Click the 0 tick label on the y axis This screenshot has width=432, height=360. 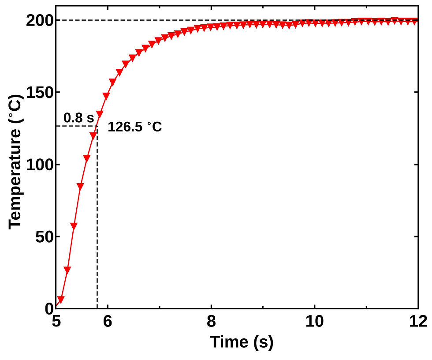point(48,308)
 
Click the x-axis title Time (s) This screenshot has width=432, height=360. point(241,342)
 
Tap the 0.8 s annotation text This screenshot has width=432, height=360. point(79,118)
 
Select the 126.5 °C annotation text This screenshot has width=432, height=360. point(135,127)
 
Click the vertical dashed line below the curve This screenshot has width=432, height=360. point(97,221)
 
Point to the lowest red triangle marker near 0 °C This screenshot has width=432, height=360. point(61,300)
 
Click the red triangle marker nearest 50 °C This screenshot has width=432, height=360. point(74,226)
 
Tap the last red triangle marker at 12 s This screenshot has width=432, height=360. point(414,21)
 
